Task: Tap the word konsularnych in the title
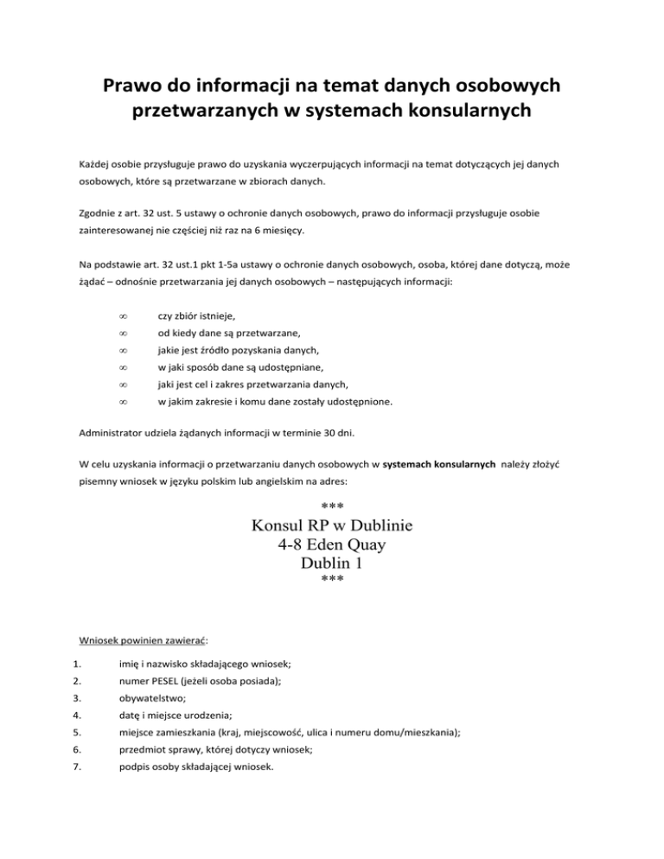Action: (x=481, y=113)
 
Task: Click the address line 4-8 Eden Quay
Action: (x=332, y=545)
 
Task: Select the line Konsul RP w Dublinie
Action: (x=332, y=525)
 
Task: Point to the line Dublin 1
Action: (x=332, y=563)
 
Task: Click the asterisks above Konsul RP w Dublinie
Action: (x=332, y=505)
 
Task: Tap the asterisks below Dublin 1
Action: (x=332, y=582)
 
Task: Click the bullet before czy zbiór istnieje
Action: (x=123, y=319)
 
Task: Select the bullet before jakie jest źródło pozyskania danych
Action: (x=123, y=350)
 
